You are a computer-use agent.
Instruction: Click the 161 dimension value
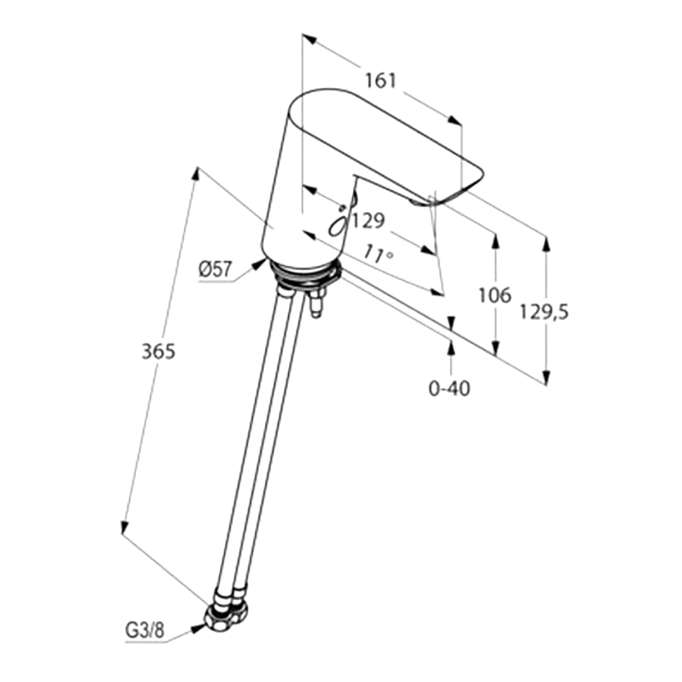click(x=380, y=81)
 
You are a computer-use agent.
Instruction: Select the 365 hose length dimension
click(x=159, y=351)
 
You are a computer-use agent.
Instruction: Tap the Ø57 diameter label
click(x=217, y=269)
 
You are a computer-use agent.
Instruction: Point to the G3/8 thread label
click(x=145, y=630)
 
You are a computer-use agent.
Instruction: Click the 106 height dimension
click(x=495, y=296)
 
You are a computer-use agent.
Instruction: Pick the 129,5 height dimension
click(x=545, y=312)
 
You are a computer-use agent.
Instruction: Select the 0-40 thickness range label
click(x=449, y=389)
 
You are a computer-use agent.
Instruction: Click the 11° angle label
click(x=379, y=253)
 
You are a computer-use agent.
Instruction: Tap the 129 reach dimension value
click(x=368, y=221)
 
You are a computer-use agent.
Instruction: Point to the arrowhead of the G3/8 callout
click(x=199, y=627)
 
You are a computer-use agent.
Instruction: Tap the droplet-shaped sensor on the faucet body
click(x=338, y=225)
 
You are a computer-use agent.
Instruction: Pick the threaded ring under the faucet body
click(x=304, y=274)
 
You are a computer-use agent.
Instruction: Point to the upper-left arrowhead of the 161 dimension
click(x=308, y=38)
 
